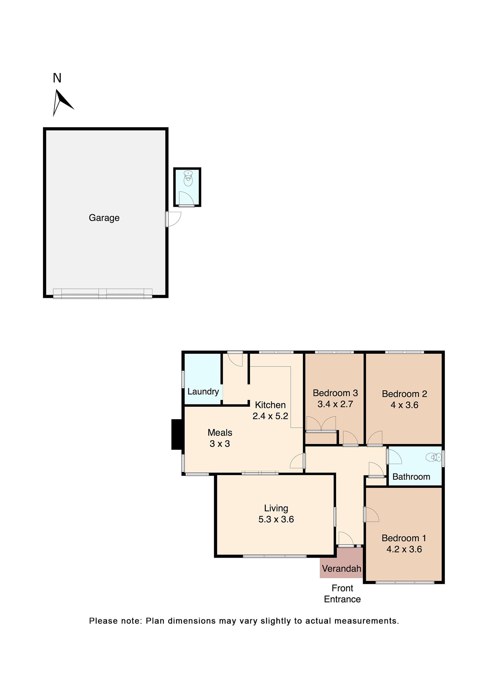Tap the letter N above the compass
[57, 78]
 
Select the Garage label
[104, 218]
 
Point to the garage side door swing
[174, 219]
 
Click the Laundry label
[203, 391]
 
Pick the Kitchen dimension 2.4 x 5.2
[270, 416]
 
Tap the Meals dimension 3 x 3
[220, 443]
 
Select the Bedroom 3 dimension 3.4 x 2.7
[335, 404]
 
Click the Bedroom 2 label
[404, 394]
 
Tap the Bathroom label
[411, 477]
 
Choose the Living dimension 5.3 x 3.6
[276, 519]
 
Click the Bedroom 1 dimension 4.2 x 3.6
[404, 549]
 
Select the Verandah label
[341, 568]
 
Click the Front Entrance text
[342, 593]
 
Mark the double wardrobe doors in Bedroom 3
[321, 423]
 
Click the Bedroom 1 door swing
[372, 515]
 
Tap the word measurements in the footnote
[366, 621]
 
